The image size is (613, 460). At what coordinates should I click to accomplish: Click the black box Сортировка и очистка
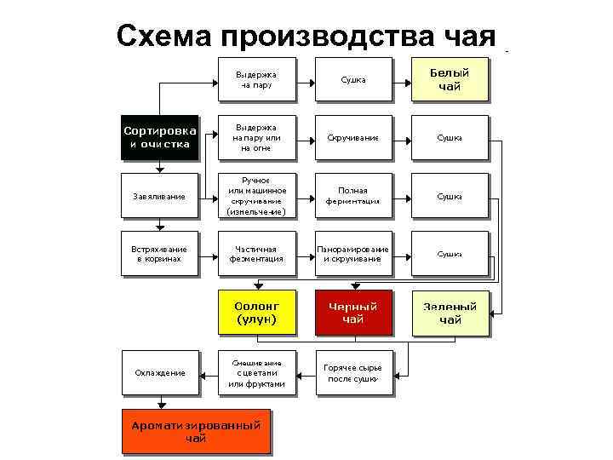pos(160,137)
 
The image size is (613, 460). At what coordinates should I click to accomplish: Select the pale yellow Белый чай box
pos(449,79)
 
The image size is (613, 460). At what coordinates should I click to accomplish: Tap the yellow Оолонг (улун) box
pos(256,313)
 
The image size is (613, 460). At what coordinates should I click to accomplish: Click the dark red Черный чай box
pos(352,313)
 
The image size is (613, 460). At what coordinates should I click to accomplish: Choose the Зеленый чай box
pos(450,313)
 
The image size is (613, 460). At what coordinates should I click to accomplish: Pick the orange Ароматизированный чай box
pos(195,432)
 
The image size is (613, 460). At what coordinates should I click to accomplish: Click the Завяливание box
pos(159,197)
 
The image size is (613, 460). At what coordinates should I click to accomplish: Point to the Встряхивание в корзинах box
pos(159,254)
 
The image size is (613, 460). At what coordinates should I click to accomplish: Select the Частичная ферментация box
pos(256,254)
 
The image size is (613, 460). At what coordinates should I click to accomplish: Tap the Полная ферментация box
pos(352,197)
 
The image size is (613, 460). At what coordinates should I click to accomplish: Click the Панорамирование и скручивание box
pos(352,254)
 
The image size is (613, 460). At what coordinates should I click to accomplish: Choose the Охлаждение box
pos(160,372)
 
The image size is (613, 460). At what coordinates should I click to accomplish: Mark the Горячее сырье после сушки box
pos(352,372)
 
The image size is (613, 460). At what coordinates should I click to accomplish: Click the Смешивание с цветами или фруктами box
pos(256,372)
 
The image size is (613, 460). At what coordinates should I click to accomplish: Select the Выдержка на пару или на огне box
pos(256,137)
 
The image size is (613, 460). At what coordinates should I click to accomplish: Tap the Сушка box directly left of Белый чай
pos(352,79)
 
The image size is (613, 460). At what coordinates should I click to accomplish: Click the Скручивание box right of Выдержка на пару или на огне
pos(352,137)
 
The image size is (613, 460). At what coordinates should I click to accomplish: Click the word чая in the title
pos(469,36)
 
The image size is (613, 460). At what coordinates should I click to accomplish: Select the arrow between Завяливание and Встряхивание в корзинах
pos(159,224)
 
